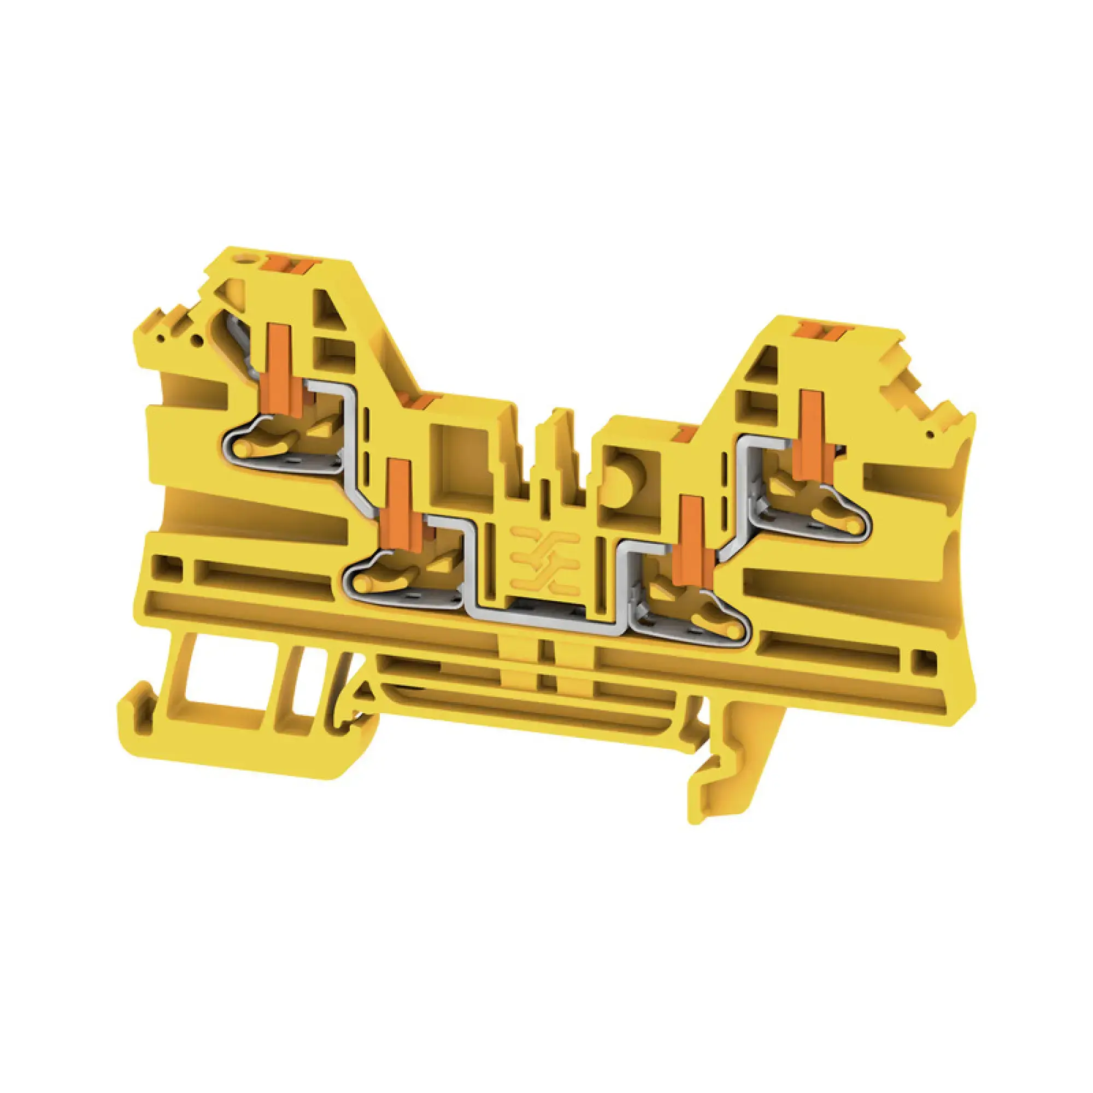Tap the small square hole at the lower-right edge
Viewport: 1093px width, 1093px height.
pos(922,658)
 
